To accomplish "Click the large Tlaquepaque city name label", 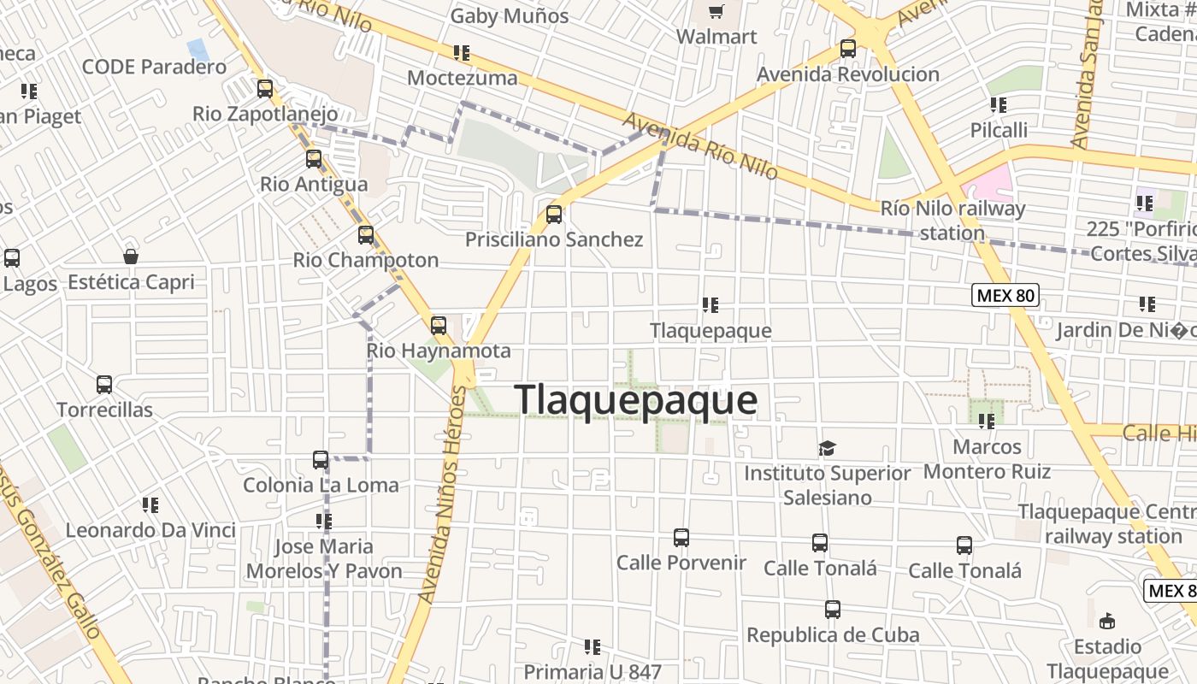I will pos(635,400).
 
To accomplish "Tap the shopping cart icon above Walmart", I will pos(716,12).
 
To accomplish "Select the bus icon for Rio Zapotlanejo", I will pos(265,88).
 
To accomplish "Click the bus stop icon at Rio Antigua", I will pos(314,158).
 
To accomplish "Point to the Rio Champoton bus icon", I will pos(366,234).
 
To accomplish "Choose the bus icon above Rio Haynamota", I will pos(439,325).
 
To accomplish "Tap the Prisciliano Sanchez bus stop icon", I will pos(554,214).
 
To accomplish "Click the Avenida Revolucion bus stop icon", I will pos(848,49).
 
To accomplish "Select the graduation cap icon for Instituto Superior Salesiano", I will pos(827,448).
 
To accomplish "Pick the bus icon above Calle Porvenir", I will pos(681,538).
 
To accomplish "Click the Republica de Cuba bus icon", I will pos(833,610).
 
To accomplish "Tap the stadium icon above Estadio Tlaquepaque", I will pos(1107,621).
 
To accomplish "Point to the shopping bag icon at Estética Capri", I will pos(131,256).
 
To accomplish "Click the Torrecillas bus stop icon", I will pos(104,385).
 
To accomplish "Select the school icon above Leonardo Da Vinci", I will pos(150,505).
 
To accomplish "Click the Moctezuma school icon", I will pos(462,53).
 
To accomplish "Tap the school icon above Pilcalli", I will pos(999,105).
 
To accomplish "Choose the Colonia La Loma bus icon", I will pos(321,460).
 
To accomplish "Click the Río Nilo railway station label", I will pos(952,220).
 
